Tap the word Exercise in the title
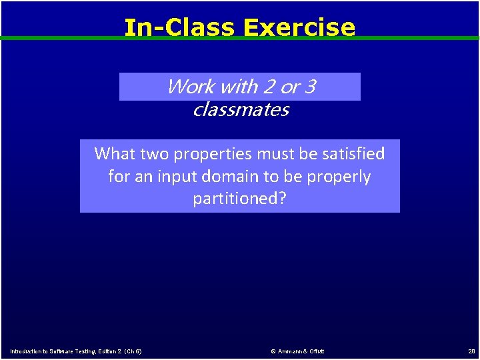(x=299, y=27)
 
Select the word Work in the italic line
(x=190, y=87)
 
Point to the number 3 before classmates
(x=309, y=87)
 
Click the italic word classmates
(x=240, y=110)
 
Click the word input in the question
(x=173, y=177)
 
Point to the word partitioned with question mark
(x=239, y=199)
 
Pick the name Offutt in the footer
(x=317, y=351)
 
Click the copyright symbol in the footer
(x=273, y=351)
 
